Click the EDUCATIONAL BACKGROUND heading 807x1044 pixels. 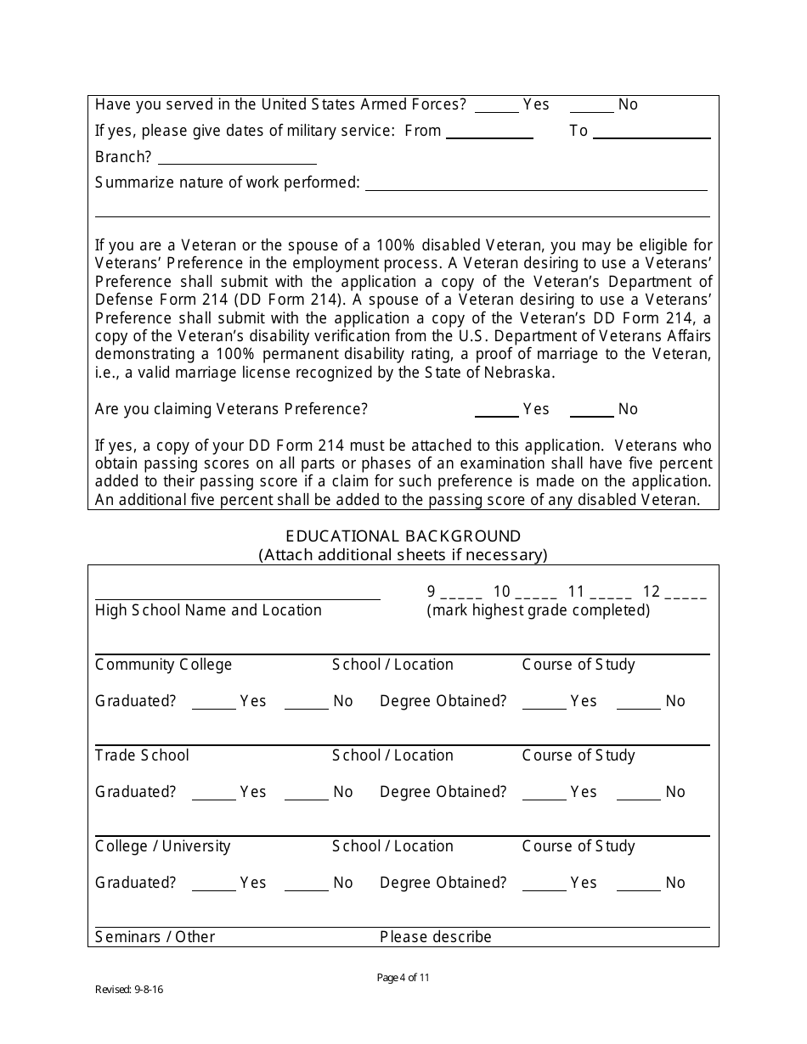(403, 536)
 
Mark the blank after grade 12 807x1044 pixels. (686, 594)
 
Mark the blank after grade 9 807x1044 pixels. (461, 594)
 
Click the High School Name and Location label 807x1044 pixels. (208, 610)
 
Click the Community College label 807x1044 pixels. (163, 665)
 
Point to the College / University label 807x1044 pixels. (162, 846)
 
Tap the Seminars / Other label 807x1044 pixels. (155, 937)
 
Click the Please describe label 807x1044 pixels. (435, 937)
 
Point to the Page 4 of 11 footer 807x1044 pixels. (403, 978)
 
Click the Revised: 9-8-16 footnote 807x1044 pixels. (128, 990)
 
